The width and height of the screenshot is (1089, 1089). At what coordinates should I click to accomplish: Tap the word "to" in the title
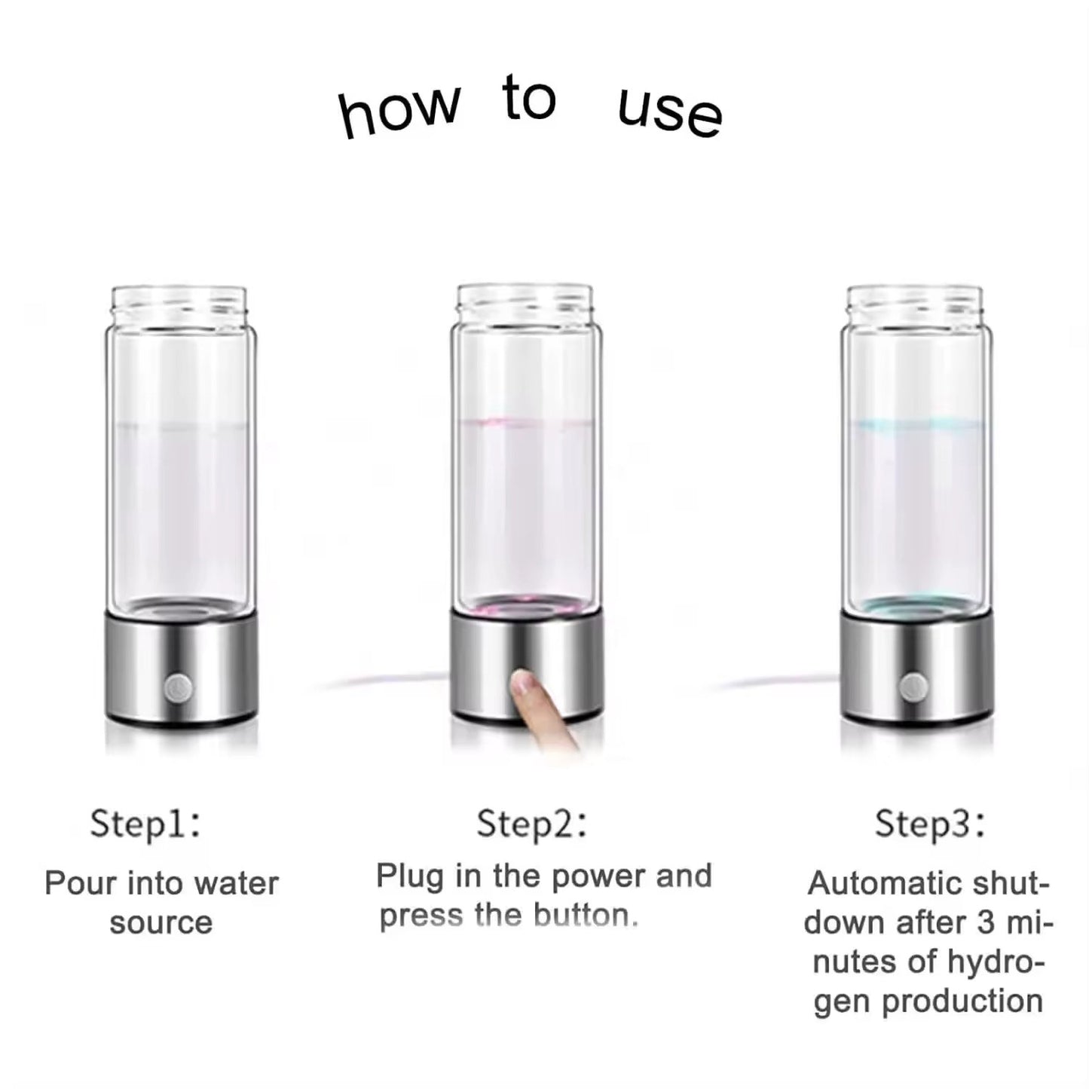tap(528, 99)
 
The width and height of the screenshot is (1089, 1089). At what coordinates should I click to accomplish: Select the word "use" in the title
tap(669, 114)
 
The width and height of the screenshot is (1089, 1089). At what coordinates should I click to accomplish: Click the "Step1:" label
tap(145, 824)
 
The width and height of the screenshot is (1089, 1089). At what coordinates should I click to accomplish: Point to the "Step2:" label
tap(531, 824)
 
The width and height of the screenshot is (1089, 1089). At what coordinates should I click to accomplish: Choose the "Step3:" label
tap(929, 824)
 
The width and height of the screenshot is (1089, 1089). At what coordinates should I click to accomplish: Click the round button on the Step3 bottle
tap(913, 687)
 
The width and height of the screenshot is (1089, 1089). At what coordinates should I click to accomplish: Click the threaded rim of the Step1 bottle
tap(179, 301)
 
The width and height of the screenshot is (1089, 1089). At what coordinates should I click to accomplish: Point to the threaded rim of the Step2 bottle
tap(525, 299)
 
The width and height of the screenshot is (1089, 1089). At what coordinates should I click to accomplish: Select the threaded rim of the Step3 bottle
tap(914, 301)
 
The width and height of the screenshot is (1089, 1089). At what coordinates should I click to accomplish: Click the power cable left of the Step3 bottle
tap(776, 682)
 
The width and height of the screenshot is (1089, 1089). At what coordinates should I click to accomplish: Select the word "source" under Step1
tap(161, 923)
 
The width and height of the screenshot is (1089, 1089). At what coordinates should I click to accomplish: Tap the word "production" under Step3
tap(962, 1002)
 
